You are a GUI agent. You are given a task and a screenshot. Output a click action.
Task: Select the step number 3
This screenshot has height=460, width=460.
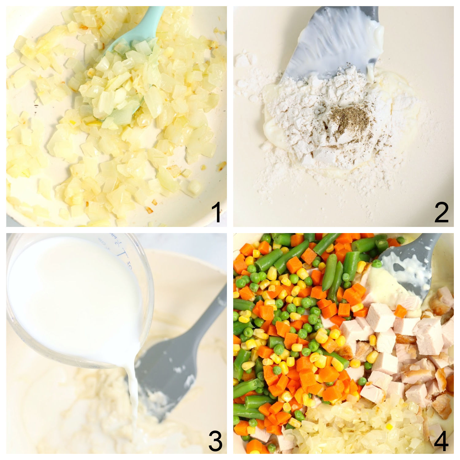[x=215, y=441]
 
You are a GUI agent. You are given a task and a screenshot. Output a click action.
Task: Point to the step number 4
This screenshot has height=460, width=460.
[x=441, y=441]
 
